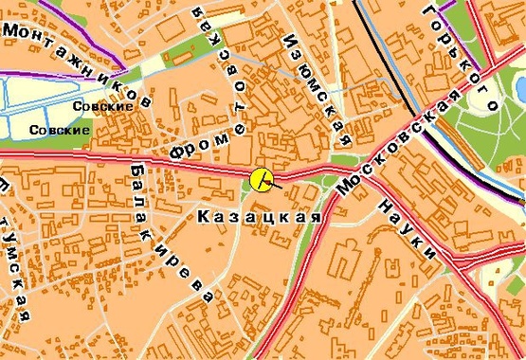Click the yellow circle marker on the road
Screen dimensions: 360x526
tap(262, 178)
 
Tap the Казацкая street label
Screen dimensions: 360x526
tap(255, 217)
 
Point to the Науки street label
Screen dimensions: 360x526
tap(406, 229)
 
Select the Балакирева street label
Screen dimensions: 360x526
tap(170, 231)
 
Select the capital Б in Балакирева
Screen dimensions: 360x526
tap(138, 169)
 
